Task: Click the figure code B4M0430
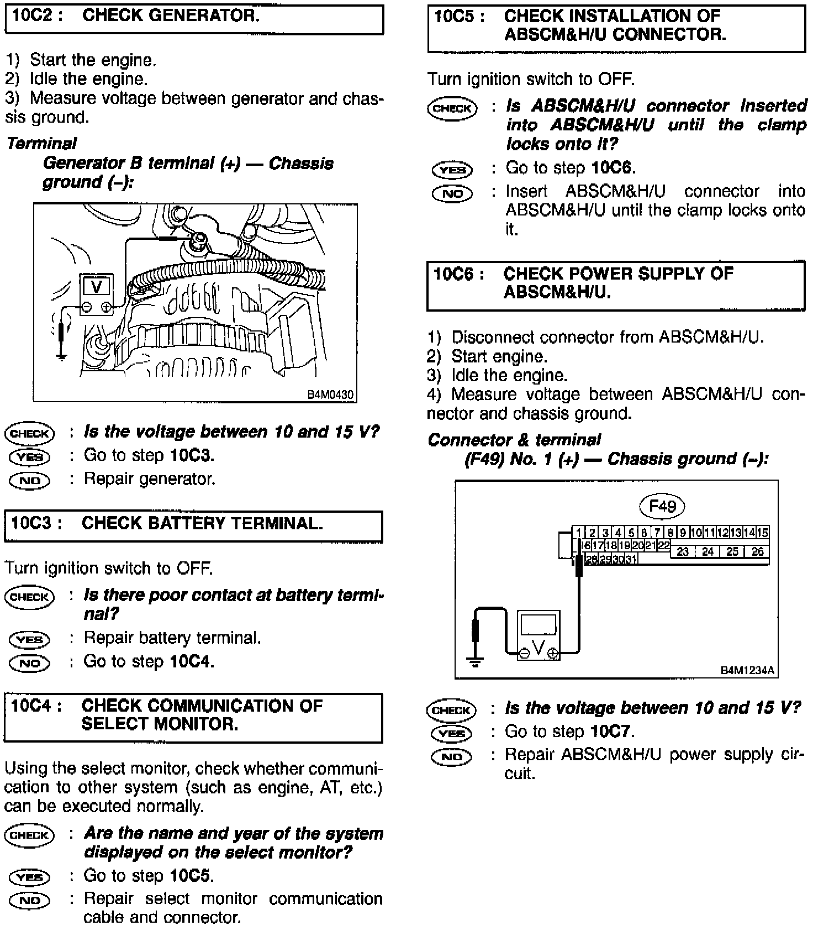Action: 330,395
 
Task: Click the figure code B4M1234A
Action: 747,671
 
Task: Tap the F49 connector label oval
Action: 662,506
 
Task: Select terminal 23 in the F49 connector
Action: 683,551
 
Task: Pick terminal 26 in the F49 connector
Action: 757,551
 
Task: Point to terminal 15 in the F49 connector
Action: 763,533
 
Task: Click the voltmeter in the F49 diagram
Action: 539,635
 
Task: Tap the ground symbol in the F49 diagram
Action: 475,660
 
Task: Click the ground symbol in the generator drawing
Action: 61,356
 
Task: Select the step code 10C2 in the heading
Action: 33,15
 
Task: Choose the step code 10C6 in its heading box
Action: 455,274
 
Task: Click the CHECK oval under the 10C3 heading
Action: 29,597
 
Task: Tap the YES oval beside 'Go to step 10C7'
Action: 452,734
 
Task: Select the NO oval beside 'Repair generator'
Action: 29,480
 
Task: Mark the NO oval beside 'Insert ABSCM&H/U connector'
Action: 452,194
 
